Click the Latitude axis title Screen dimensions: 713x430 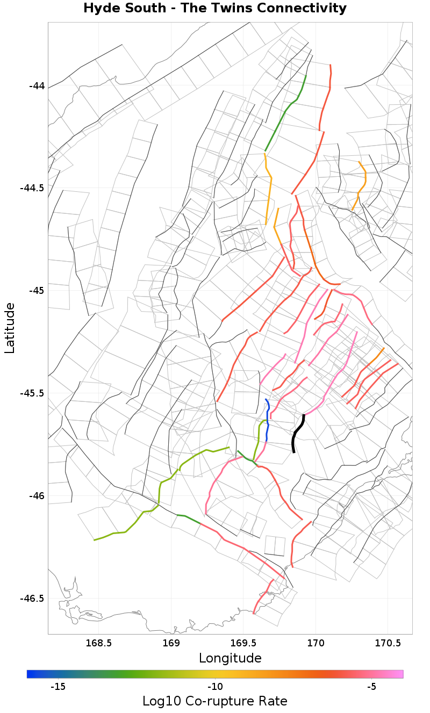[10, 328]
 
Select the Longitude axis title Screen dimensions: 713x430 [230, 658]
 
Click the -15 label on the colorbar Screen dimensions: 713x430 [58, 687]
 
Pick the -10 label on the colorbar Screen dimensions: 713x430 [215, 687]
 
